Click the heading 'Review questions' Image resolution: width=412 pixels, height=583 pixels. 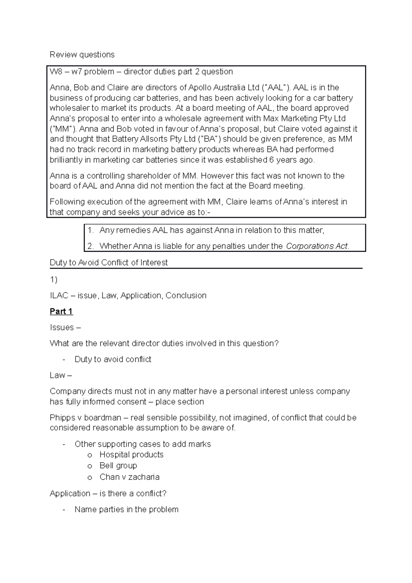[82, 55]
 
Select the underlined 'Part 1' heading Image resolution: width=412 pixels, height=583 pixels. [61, 311]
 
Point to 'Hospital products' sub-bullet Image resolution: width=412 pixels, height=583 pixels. [131, 455]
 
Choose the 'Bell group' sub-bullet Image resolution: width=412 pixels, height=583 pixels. [118, 466]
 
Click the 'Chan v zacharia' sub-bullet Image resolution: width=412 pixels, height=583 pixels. [129, 477]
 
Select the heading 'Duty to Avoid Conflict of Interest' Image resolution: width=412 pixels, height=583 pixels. [108, 263]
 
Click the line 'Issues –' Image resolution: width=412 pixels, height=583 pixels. [65, 328]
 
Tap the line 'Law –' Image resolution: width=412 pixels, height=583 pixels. [61, 375]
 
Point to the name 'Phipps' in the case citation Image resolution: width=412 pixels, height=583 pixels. [63, 418]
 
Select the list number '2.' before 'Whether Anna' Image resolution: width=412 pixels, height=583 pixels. [91, 246]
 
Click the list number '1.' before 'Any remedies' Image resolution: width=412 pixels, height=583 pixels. [91, 230]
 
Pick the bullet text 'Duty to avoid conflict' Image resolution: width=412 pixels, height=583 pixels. [113, 359]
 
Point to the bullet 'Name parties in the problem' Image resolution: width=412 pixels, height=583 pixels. [126, 510]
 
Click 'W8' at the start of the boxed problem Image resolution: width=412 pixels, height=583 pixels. [56, 72]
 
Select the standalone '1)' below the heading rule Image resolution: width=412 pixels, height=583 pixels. [54, 280]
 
